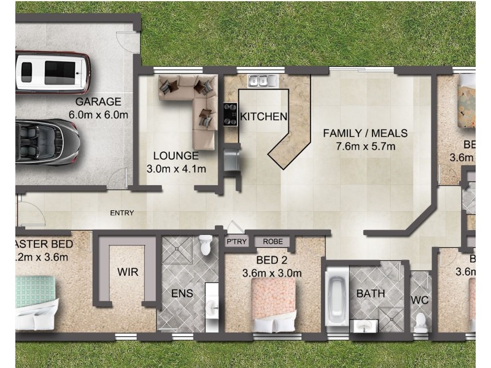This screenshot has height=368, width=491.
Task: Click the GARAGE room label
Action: click(x=98, y=102)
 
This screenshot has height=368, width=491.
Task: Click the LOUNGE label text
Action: click(x=176, y=156)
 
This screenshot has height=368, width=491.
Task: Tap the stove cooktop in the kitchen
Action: click(x=231, y=114)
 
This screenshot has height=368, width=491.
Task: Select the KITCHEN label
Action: click(x=263, y=117)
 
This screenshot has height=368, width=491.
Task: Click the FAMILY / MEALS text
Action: click(x=365, y=133)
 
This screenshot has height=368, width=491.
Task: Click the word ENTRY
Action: click(x=122, y=213)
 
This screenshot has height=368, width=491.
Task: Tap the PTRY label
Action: click(x=236, y=242)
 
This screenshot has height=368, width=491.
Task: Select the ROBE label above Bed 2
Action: click(x=273, y=242)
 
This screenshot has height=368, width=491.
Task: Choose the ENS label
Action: click(x=182, y=294)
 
